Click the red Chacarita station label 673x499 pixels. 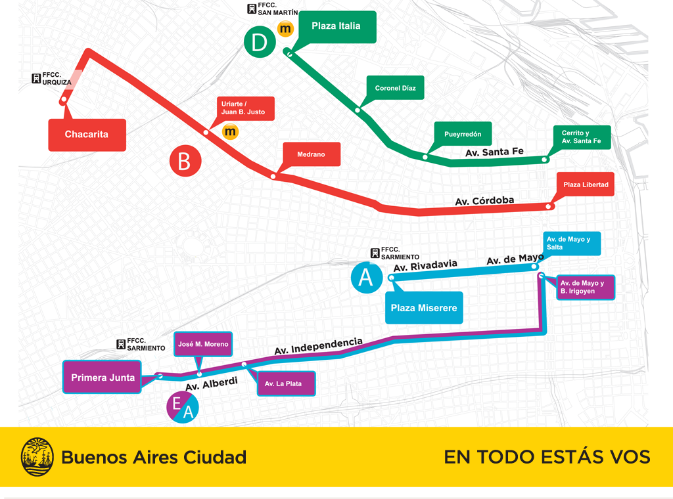point(87,135)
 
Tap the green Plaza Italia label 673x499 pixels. point(336,27)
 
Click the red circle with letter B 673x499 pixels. point(185,162)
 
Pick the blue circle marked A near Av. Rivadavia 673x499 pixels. point(366,278)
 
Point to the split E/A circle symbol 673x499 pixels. point(181,407)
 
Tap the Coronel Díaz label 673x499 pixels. point(395,88)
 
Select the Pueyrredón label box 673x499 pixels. point(463,134)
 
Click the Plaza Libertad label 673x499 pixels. point(586,184)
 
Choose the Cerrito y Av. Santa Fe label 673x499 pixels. point(581,137)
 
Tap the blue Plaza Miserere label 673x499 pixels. point(423,308)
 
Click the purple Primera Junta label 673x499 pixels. point(103,378)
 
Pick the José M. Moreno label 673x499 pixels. point(203,344)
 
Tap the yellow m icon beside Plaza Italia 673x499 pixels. point(285,29)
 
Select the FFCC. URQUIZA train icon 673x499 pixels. point(36,79)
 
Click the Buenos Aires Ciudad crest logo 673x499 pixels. point(37,457)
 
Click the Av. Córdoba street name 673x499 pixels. point(484,201)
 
